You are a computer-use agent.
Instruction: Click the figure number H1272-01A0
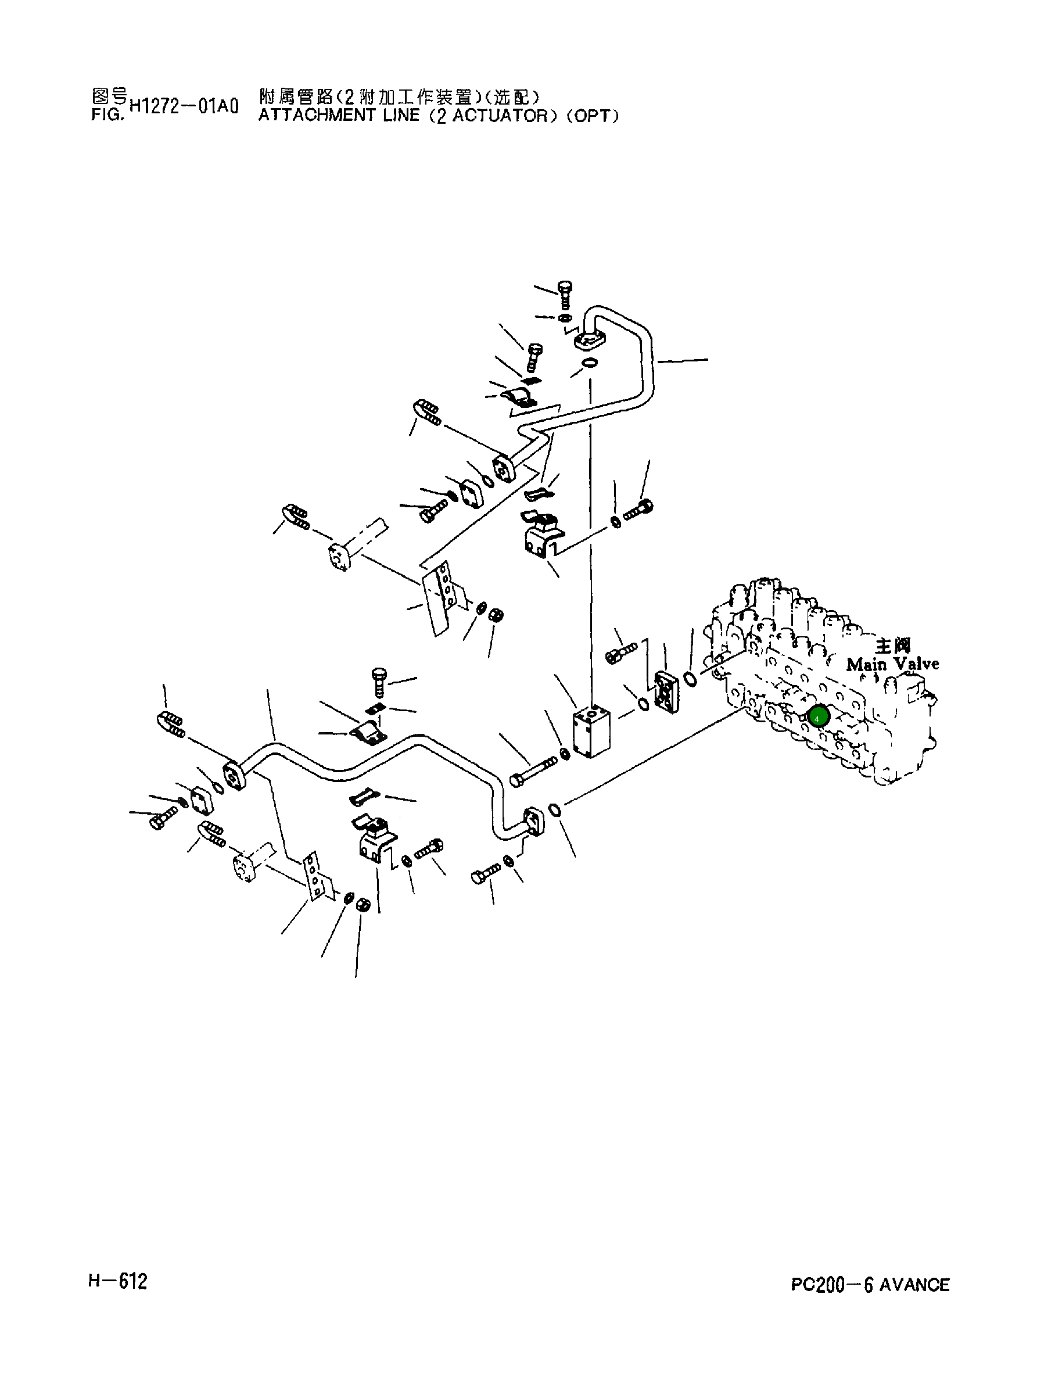(x=184, y=107)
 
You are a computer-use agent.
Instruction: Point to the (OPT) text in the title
(x=592, y=116)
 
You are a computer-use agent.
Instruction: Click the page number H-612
(x=118, y=1281)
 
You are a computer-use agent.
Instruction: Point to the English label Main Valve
(x=892, y=664)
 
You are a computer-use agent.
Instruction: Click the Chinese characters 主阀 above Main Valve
(x=892, y=645)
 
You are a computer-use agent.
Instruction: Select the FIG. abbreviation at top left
(x=108, y=116)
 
